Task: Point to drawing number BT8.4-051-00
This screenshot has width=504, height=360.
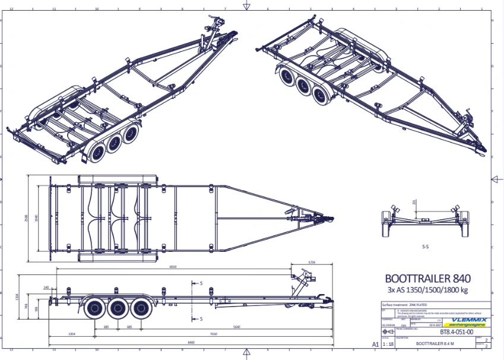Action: (457, 333)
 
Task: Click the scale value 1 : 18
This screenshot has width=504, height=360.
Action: (389, 344)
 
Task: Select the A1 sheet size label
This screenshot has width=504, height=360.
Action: (375, 344)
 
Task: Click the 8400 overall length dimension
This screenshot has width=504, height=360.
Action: (189, 343)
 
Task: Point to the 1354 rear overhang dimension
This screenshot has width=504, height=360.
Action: (72, 334)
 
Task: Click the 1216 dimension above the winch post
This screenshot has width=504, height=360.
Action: (312, 262)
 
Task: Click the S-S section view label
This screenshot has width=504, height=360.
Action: (426, 245)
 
